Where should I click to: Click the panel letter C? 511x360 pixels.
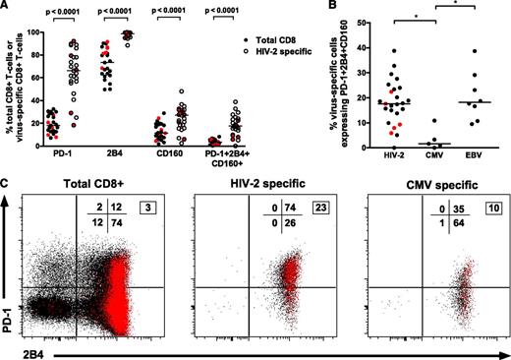tap(7, 181)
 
